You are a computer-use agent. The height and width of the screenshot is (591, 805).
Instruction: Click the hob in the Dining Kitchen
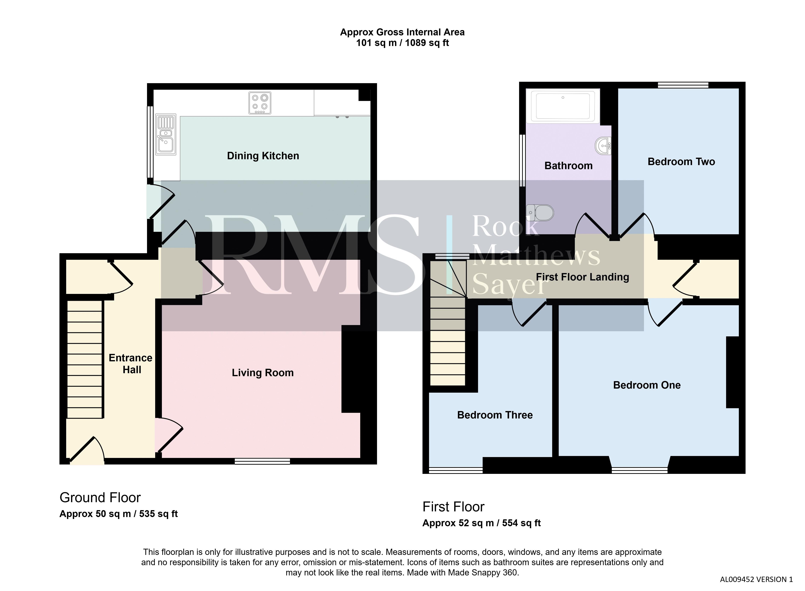point(260,103)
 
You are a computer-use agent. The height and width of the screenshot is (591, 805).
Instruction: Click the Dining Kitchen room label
point(263,156)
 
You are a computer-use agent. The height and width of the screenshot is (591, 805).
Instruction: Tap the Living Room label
point(263,373)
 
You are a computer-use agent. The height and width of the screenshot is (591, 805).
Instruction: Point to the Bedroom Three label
point(495,415)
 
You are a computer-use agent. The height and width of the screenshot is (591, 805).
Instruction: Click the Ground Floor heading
point(100,498)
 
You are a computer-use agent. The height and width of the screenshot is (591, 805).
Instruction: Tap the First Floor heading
point(453,507)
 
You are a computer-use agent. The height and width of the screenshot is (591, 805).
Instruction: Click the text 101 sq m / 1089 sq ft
point(402,43)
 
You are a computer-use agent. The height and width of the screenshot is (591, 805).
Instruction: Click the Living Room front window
point(262,461)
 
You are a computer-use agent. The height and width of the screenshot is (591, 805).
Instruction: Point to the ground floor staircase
point(85,359)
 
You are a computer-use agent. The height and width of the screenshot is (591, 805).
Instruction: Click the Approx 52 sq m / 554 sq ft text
point(481,523)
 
